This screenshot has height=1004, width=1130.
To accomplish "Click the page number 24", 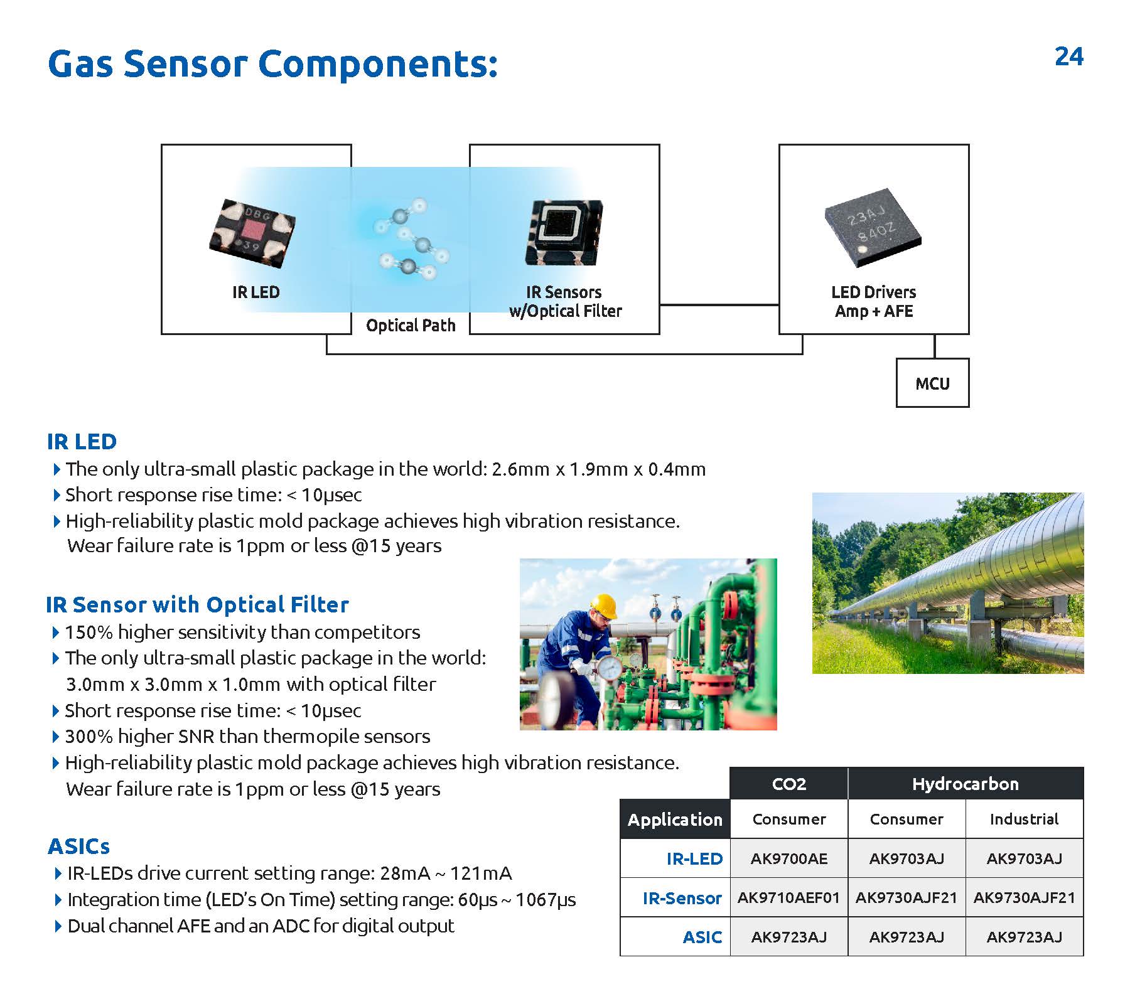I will coord(1068,57).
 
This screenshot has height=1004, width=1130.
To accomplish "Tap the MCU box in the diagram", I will coord(932,383).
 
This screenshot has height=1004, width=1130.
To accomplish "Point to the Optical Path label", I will coord(411,325).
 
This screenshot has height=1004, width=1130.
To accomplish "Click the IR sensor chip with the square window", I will coord(564,232).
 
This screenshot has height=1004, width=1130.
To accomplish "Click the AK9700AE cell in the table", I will coord(788,858).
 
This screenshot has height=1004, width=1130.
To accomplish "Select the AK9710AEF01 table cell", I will coord(788,897).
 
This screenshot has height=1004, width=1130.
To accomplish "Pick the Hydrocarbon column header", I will coord(965,784).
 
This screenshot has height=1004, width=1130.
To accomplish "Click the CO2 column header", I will coord(788,784).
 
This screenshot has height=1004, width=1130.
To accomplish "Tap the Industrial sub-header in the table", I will coord(1024,819).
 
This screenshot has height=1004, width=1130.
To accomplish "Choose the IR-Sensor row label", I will coord(682,898).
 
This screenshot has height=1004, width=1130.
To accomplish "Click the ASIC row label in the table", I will coord(702,937).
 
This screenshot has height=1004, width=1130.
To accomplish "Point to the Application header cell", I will coord(675,820).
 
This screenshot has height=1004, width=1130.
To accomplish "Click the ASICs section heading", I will coord(79,846).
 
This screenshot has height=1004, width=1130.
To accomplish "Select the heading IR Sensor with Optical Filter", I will coord(197,604).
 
